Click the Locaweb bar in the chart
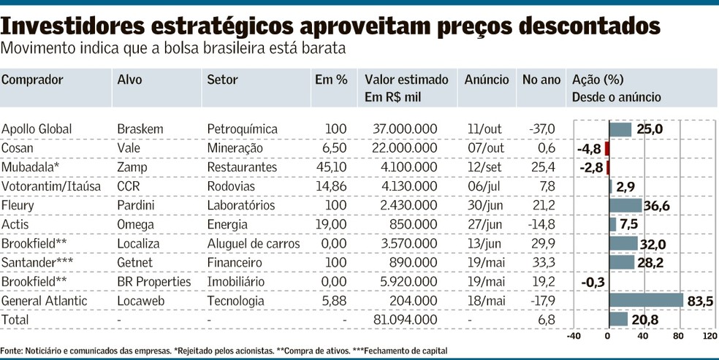click(645, 300)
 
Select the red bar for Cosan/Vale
click(606, 148)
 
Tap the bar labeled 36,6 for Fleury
click(625, 205)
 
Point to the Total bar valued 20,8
click(617, 319)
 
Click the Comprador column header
click(32, 80)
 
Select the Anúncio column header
click(487, 80)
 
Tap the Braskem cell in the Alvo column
click(140, 129)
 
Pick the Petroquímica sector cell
click(242, 129)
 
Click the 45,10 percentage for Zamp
click(331, 167)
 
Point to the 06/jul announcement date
click(486, 186)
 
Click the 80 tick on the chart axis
click(679, 336)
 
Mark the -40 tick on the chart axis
click(575, 336)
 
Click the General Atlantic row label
click(45, 300)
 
